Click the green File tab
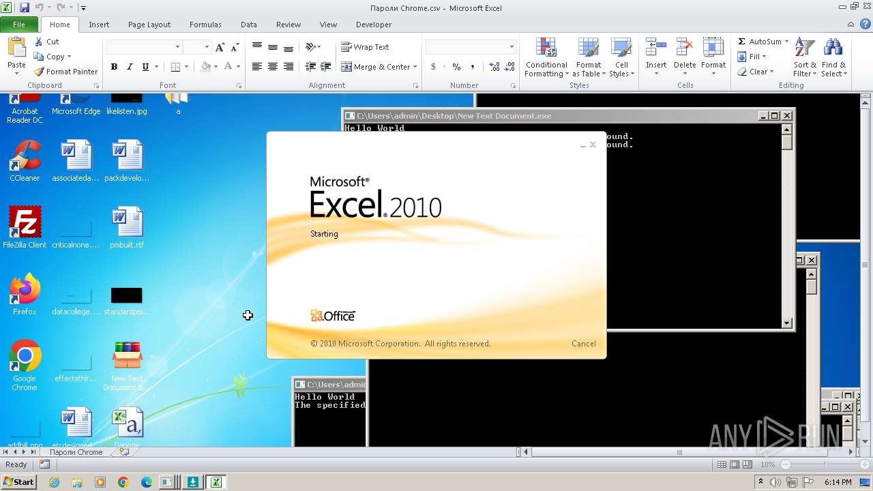[x=19, y=25]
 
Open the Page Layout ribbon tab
[x=149, y=25]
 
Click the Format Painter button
[x=66, y=72]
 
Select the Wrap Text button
[x=366, y=47]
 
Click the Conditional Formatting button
[x=546, y=58]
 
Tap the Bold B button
[x=114, y=67]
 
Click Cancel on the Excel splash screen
[x=583, y=344]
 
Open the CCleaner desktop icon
[x=25, y=160]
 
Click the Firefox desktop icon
[x=25, y=293]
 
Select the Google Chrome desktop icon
[x=25, y=361]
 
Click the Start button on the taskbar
[x=18, y=482]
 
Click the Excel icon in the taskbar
[x=216, y=482]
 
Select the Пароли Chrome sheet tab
[x=76, y=452]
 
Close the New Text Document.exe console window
[x=787, y=116]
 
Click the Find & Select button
[x=833, y=58]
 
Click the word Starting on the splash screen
[x=324, y=234]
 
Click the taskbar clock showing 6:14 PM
[x=838, y=482]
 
